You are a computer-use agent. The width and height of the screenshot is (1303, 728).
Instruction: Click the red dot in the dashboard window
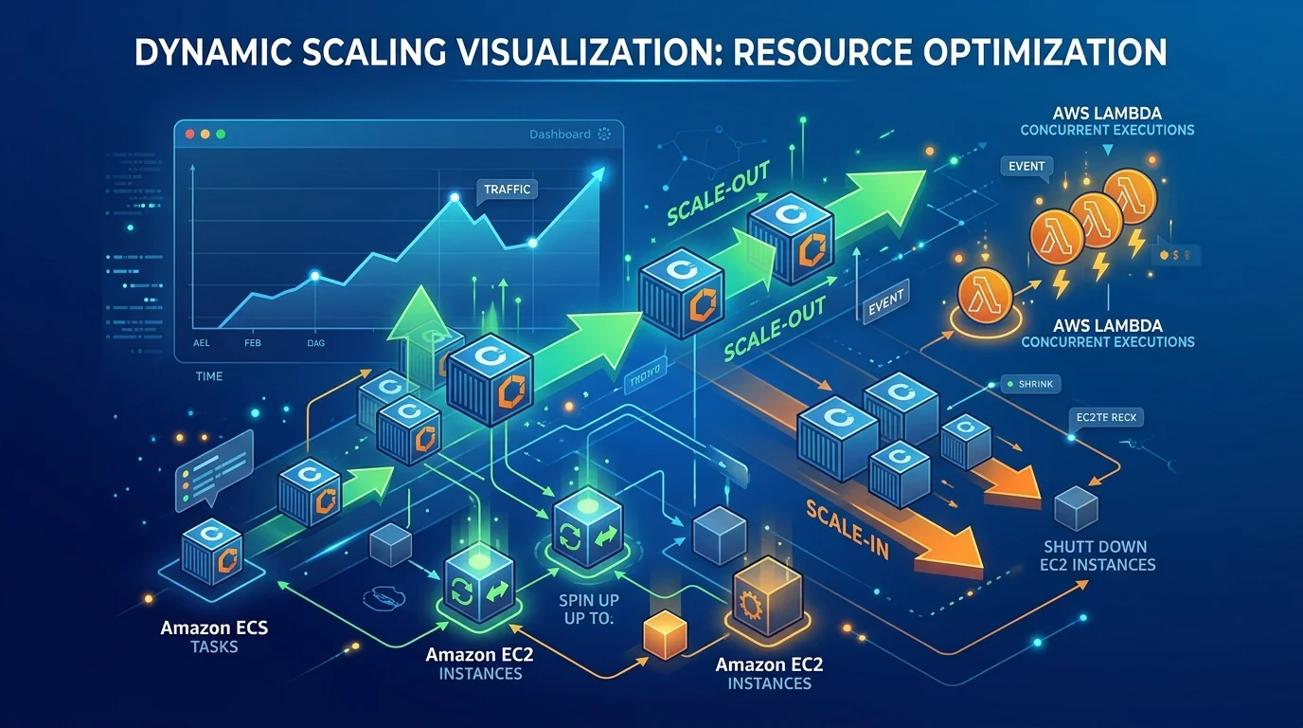pyautogui.click(x=189, y=135)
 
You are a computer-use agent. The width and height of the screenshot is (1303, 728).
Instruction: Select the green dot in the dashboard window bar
pyautogui.click(x=221, y=135)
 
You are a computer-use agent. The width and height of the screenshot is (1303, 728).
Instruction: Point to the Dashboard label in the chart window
pyautogui.click(x=560, y=135)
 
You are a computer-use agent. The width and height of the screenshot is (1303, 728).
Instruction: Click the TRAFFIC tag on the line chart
pyautogui.click(x=507, y=189)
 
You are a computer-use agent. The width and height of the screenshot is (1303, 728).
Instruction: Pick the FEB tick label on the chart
pyautogui.click(x=252, y=343)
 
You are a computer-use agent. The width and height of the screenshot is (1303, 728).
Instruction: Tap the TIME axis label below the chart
pyautogui.click(x=208, y=376)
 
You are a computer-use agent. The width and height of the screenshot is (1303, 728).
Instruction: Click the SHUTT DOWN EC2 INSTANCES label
pyautogui.click(x=1099, y=555)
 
